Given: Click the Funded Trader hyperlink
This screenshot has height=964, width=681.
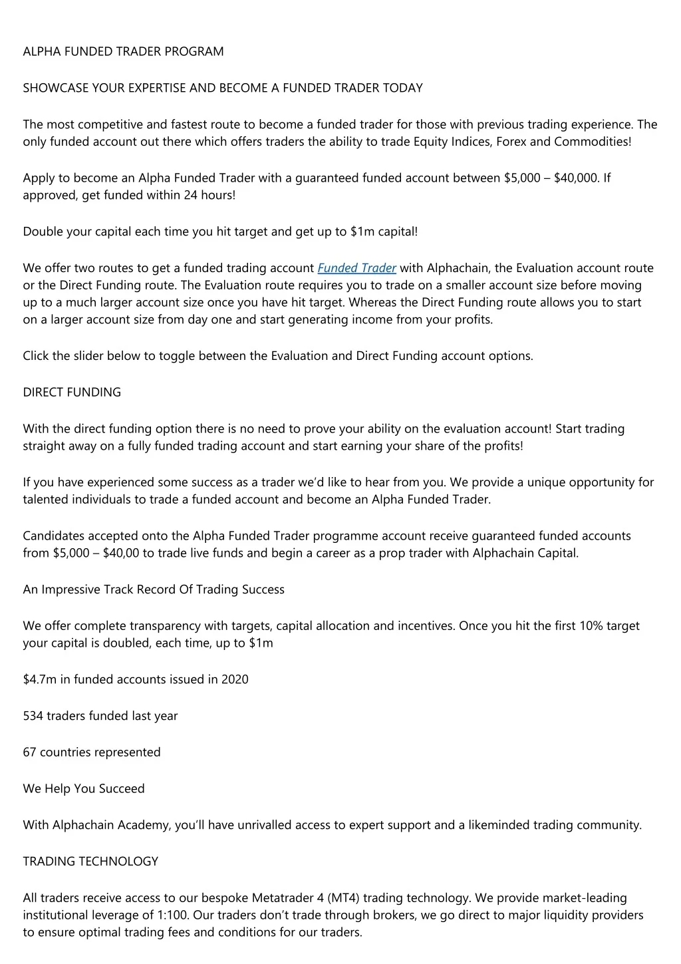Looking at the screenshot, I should point(357,268).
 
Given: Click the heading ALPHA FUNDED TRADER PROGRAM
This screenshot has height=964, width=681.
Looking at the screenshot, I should point(123,51).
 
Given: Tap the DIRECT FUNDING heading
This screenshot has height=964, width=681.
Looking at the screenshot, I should point(72,392).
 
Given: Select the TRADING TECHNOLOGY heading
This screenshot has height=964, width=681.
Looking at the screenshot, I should point(90,861).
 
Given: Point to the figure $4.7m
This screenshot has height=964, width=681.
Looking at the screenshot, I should point(39,679).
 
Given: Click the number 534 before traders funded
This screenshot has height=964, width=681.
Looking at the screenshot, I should point(33,716).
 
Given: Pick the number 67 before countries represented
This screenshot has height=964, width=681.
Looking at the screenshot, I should point(29,752).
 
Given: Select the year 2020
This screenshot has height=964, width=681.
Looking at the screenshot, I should point(235,679).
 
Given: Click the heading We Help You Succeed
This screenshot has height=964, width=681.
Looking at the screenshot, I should point(83,788).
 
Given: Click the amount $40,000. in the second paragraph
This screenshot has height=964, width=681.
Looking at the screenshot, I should point(577,178).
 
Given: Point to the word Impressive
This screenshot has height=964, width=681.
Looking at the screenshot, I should point(70,589).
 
